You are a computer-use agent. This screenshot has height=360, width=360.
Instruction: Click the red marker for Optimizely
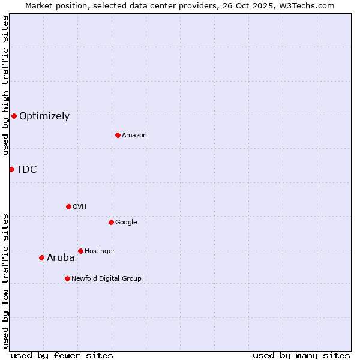14,116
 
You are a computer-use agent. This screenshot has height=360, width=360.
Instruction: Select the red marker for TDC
11,169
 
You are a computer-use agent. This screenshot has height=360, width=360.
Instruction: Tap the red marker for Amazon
118,135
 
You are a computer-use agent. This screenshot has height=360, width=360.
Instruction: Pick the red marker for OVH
68,206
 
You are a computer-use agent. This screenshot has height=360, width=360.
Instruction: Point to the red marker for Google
111,222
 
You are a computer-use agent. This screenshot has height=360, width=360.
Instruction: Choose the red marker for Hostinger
80,251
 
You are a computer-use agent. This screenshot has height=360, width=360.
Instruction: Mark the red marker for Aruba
41,257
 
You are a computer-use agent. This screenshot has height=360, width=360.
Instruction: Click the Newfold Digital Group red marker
67,278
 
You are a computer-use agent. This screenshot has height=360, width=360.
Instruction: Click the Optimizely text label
44,116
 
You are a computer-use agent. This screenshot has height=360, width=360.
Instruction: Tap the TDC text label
27,170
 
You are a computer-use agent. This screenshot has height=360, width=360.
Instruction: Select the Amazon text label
134,136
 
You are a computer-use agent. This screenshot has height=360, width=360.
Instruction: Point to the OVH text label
80,207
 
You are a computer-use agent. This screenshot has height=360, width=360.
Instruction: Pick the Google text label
126,223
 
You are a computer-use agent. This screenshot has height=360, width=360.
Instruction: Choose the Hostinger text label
100,251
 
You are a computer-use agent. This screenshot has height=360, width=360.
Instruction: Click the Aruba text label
61,258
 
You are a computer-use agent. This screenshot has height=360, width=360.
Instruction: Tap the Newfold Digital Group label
106,279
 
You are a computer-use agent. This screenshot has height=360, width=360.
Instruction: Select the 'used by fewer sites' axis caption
62,355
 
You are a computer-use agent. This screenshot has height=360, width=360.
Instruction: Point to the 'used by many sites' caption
301,355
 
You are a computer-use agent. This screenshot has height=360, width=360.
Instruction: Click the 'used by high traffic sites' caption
5,85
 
